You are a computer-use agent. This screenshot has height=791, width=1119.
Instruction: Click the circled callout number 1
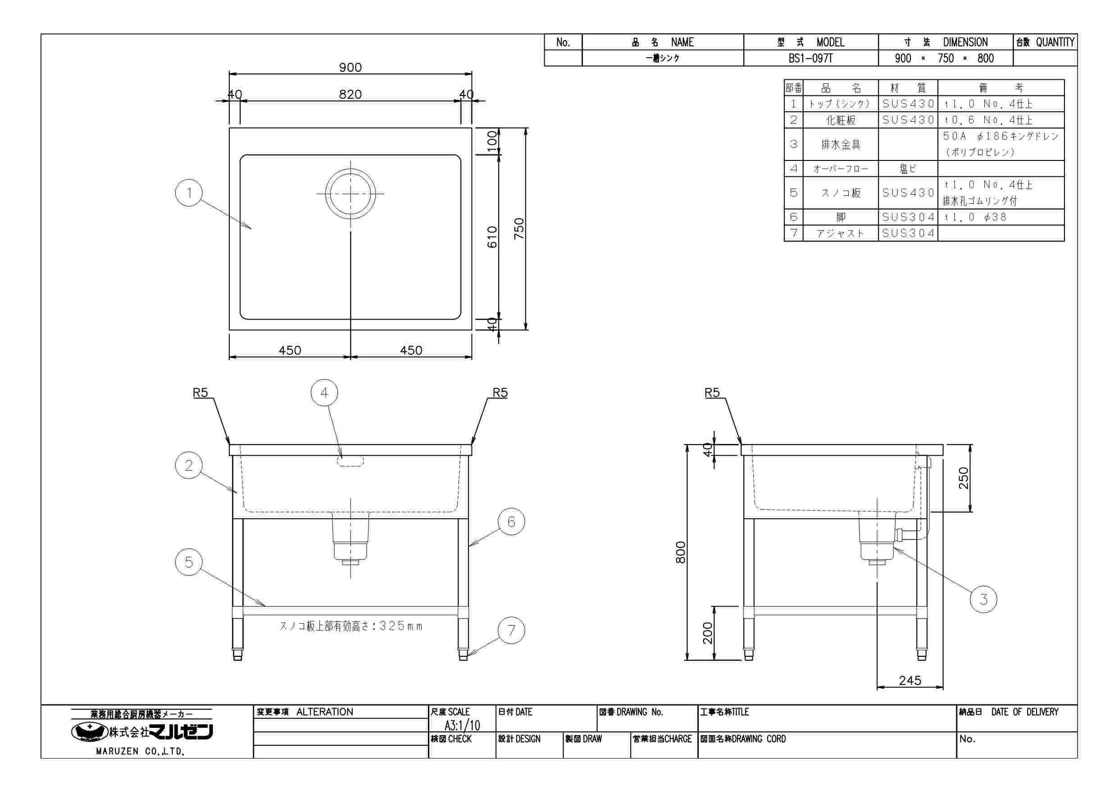pyautogui.click(x=189, y=193)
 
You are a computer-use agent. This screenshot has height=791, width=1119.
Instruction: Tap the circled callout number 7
pyautogui.click(x=511, y=631)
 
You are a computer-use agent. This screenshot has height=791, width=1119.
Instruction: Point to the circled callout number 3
pyautogui.click(x=983, y=599)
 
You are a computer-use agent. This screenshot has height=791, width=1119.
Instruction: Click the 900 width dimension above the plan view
pyautogui.click(x=350, y=67)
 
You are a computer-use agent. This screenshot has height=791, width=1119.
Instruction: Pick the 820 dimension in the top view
pyautogui.click(x=350, y=94)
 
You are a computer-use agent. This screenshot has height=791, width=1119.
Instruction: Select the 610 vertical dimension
pyautogui.click(x=492, y=237)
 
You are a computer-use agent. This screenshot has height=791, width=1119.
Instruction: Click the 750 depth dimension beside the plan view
pyautogui.click(x=519, y=228)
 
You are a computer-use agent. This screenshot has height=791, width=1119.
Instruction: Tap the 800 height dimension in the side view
pyautogui.click(x=681, y=552)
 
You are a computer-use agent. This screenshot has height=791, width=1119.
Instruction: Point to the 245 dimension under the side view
pyautogui.click(x=910, y=680)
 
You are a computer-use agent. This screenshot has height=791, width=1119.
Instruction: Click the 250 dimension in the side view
pyautogui.click(x=964, y=478)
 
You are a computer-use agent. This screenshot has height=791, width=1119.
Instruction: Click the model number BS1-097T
pyautogui.click(x=811, y=59)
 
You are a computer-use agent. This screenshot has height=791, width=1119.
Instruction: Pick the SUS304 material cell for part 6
pyautogui.click(x=909, y=217)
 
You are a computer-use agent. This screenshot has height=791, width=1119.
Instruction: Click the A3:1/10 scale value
pyautogui.click(x=462, y=725)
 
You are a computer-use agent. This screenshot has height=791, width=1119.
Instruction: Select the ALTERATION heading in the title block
pyautogui.click(x=325, y=712)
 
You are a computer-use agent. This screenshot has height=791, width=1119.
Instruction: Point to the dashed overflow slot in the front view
pyautogui.click(x=350, y=462)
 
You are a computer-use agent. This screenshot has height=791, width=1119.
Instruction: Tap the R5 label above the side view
pyautogui.click(x=712, y=393)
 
